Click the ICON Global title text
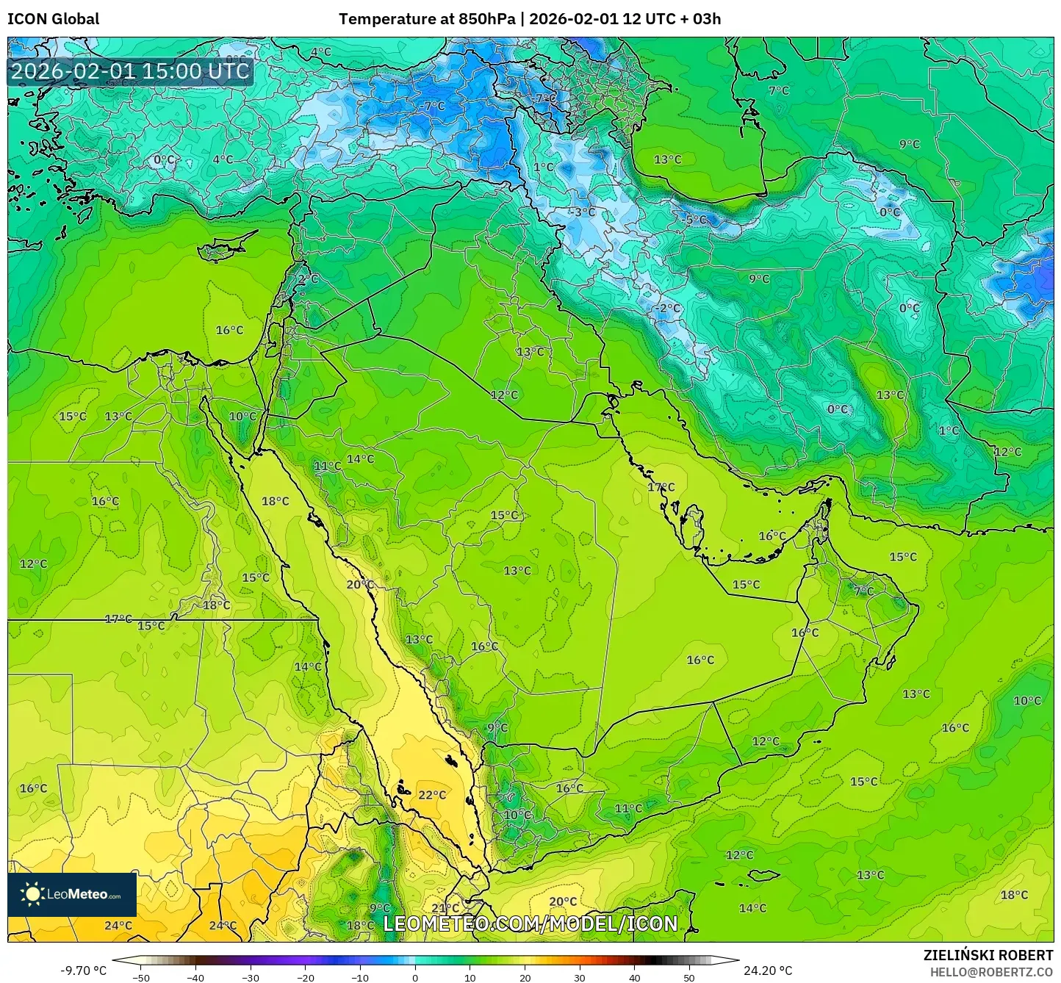tap(53, 19)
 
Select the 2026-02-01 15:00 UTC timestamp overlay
tap(130, 71)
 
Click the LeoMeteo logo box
tap(72, 894)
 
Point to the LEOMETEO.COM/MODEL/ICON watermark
tap(530, 923)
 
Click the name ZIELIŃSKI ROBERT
tap(988, 955)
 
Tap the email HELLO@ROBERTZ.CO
tap(991, 971)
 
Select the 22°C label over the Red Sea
tap(432, 795)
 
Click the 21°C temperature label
tap(445, 908)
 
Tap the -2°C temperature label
tap(667, 308)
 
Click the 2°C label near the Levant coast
tap(308, 280)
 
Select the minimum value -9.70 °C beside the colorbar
tap(83, 971)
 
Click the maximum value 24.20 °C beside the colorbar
tap(768, 971)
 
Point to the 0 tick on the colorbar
tap(415, 977)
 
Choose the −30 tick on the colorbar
tap(251, 977)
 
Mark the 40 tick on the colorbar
tap(634, 977)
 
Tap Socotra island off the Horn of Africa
tap(764, 875)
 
